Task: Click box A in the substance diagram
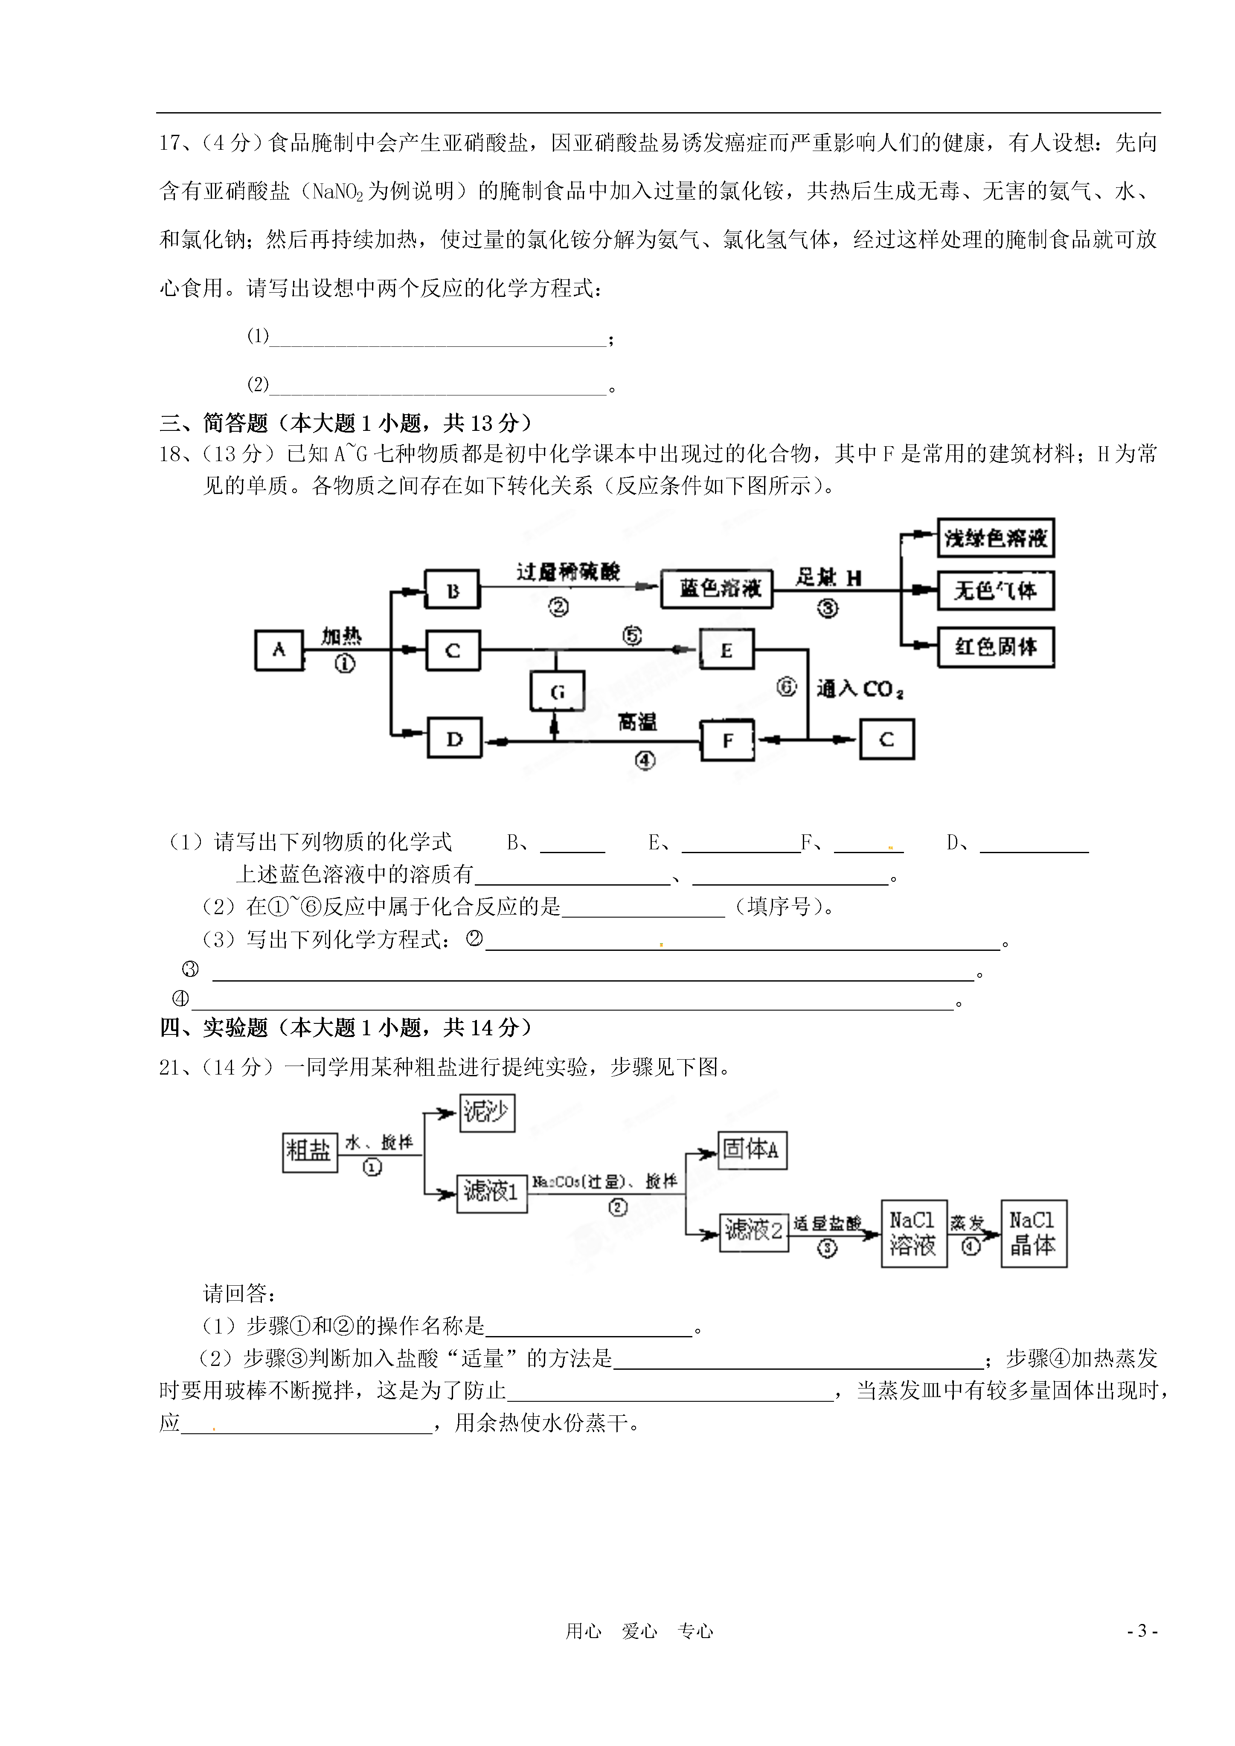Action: [x=279, y=650]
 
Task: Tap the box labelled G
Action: [x=558, y=691]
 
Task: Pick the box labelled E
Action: [x=726, y=649]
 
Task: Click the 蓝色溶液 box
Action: [x=717, y=589]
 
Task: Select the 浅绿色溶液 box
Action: [x=995, y=537]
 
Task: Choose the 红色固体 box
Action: [x=995, y=647]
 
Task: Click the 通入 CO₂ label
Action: [x=860, y=689]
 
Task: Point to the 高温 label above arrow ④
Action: [x=637, y=722]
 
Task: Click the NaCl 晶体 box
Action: [x=1034, y=1233]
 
